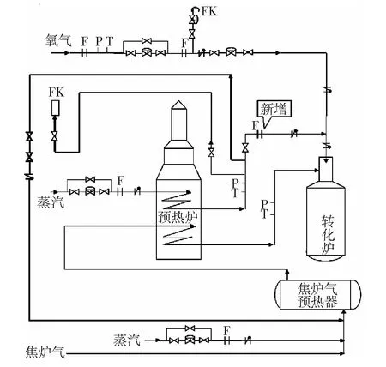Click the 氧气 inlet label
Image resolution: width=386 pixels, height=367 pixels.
[58, 40]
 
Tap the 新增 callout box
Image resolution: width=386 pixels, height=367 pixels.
[274, 109]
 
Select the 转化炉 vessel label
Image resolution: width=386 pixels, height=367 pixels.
[328, 234]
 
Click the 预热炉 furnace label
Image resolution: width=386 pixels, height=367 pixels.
[178, 217]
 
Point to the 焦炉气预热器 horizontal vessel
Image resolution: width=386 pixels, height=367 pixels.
[317, 295]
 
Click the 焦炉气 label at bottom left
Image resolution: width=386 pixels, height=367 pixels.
[45, 352]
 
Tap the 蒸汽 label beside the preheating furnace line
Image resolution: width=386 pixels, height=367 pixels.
[51, 202]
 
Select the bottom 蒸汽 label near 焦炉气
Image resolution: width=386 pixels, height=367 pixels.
[127, 340]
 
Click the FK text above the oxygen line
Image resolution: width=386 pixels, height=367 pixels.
[209, 11]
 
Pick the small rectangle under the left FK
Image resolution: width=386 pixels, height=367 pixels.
[56, 108]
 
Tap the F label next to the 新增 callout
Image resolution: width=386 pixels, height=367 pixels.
[256, 125]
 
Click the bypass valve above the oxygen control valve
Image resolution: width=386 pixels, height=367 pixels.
[146, 41]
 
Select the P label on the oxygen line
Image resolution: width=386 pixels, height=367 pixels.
[99, 41]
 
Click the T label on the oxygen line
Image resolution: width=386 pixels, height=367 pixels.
[109, 41]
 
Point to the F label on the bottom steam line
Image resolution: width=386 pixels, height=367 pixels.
[226, 331]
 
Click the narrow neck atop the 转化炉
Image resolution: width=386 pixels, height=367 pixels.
[326, 169]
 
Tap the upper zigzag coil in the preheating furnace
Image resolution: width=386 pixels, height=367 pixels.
[176, 201]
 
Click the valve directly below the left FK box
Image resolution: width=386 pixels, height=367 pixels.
[54, 135]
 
